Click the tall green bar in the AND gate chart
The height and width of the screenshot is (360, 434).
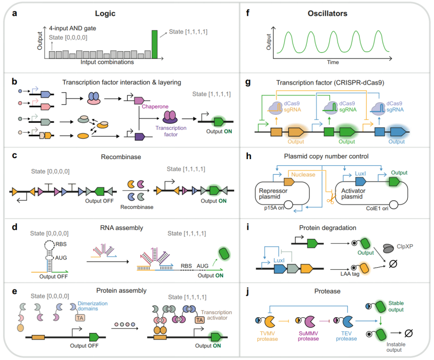[x=154, y=44]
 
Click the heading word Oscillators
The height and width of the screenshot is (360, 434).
[x=328, y=13]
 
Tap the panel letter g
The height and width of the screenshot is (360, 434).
[x=248, y=82]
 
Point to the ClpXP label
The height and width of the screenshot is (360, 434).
[x=405, y=246]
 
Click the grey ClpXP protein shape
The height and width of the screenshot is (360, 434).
[x=389, y=248]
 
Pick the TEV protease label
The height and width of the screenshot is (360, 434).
[x=346, y=336]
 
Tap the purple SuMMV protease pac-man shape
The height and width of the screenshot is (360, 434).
[x=309, y=321]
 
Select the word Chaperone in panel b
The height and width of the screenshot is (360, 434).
[x=155, y=106]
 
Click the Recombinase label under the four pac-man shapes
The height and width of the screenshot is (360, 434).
[x=137, y=207]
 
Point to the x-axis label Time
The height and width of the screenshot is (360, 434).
[x=333, y=62]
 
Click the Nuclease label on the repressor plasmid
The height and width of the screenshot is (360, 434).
[x=303, y=174]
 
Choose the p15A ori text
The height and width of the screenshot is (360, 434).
[x=274, y=208]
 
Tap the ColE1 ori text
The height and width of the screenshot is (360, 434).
[x=377, y=208]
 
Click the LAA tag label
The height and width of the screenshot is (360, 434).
[x=350, y=274]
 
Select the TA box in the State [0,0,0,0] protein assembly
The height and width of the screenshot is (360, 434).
[x=80, y=318]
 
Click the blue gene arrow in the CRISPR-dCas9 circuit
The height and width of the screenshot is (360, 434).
[x=398, y=132]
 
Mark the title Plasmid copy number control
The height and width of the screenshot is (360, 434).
[x=326, y=156]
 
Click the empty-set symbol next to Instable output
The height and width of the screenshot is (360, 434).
[x=408, y=333]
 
